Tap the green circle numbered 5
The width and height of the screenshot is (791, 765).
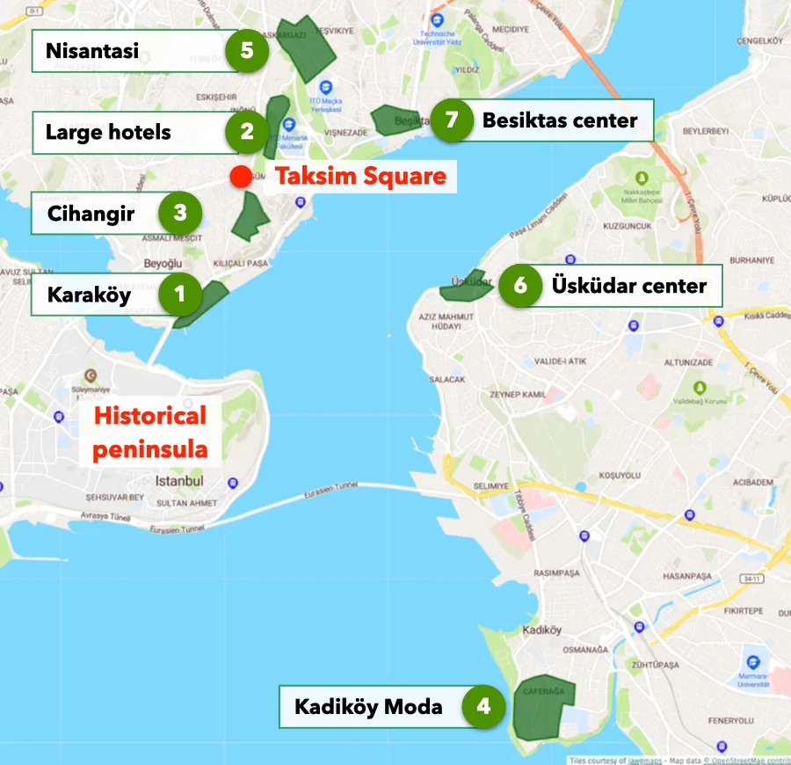246,50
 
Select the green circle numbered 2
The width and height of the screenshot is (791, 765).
246,132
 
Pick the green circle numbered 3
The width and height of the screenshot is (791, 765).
179,213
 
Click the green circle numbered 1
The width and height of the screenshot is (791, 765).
180,294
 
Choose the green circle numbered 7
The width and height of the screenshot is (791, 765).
452,119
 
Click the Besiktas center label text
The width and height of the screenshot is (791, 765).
560,120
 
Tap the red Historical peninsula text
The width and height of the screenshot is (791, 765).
150,432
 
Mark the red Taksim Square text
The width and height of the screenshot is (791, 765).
360,176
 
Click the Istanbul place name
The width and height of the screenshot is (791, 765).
179,481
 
